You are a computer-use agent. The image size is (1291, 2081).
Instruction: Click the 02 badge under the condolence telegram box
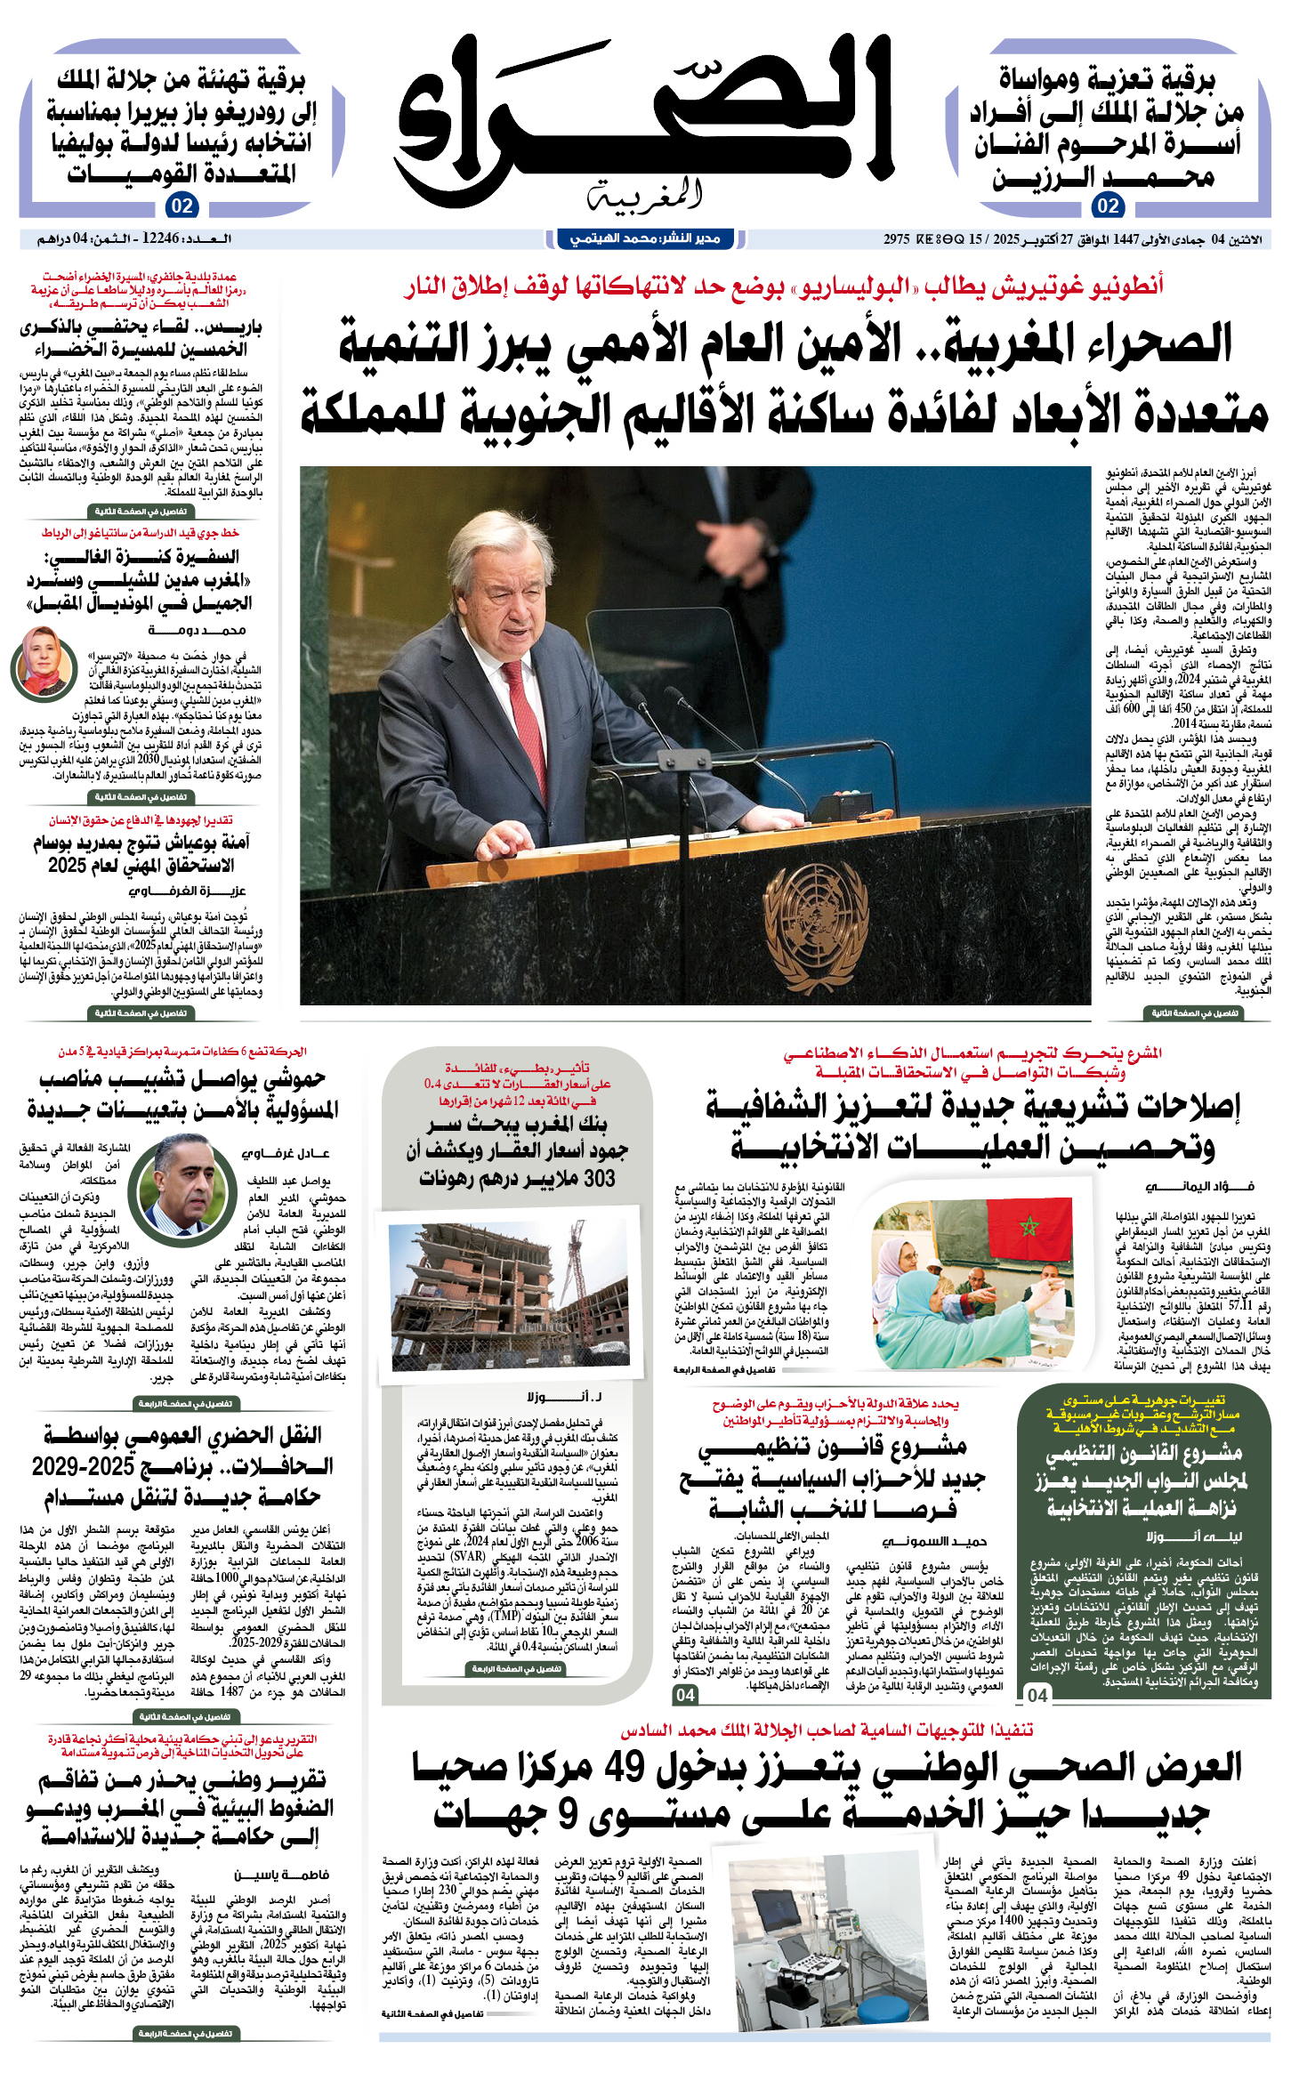[1107, 206]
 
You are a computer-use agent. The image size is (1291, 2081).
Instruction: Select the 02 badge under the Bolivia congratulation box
[182, 206]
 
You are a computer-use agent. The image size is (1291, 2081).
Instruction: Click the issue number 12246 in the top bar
[160, 239]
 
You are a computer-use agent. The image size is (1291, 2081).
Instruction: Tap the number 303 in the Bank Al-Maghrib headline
[594, 1179]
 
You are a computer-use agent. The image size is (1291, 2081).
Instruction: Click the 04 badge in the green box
[1037, 1695]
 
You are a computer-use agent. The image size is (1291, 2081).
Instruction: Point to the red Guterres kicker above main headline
[783, 286]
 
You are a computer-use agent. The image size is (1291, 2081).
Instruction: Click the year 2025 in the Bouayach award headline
[68, 866]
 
